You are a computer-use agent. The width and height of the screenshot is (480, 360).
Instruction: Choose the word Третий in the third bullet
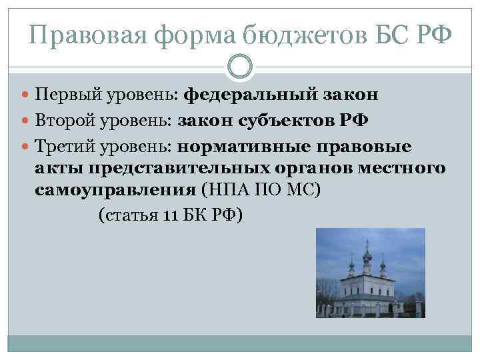click(61, 146)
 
